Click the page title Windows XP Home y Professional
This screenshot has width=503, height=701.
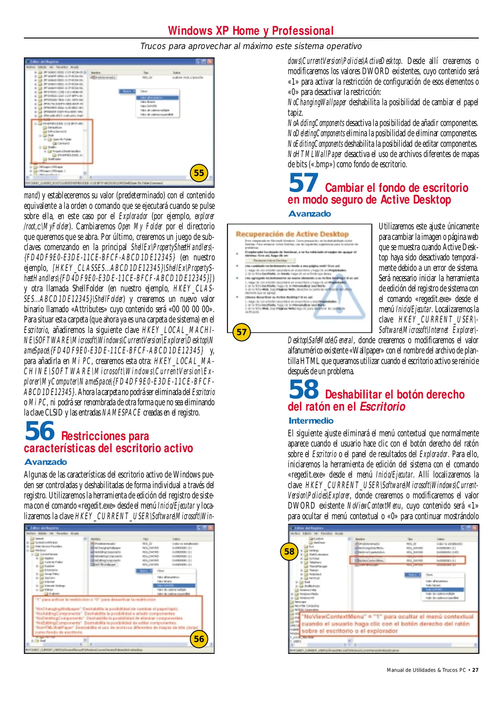(x=251, y=31)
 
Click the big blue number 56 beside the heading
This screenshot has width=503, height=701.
(x=40, y=431)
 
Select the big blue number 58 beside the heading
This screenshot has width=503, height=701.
(x=304, y=389)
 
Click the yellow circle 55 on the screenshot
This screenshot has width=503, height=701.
(x=199, y=173)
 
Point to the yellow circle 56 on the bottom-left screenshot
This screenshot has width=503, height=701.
(x=199, y=639)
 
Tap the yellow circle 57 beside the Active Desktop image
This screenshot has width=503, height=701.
(x=242, y=332)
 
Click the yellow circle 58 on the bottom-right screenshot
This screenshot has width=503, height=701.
(x=289, y=551)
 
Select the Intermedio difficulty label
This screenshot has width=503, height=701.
(x=311, y=421)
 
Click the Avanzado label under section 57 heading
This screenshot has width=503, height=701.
(x=309, y=214)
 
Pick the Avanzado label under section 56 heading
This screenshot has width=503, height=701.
(x=45, y=462)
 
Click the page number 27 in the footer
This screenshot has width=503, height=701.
(x=475, y=670)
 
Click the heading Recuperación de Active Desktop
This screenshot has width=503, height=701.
(x=292, y=234)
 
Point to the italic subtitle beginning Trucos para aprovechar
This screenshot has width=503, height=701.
(x=251, y=46)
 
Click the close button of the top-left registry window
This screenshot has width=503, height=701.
(x=210, y=61)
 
